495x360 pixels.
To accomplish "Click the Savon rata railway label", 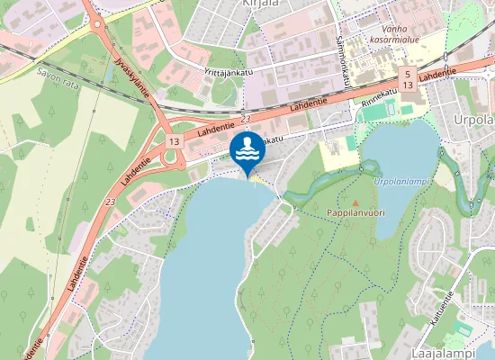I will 58,73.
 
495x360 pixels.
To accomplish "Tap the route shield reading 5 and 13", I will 408,78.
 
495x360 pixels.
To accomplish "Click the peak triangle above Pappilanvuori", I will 354,201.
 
